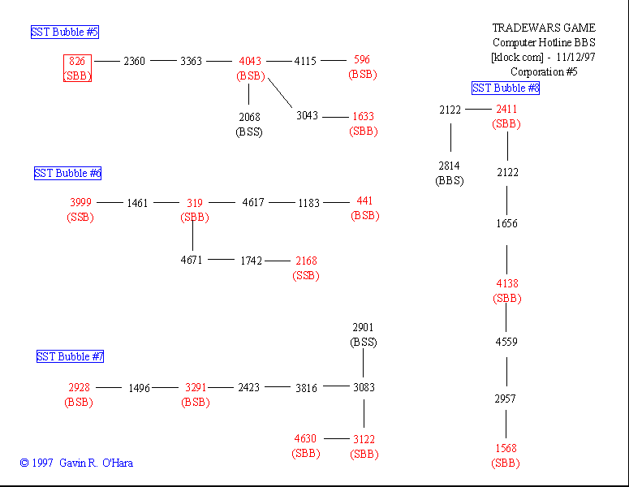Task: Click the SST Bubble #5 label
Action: point(65,32)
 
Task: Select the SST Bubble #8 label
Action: point(506,88)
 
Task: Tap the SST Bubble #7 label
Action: point(70,356)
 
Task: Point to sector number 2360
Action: point(135,61)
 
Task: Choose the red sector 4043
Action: point(250,61)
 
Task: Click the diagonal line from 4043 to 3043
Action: point(280,91)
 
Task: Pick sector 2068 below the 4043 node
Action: point(250,117)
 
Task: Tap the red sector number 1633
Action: point(363,116)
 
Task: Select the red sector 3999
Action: point(80,202)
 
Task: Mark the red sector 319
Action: point(195,203)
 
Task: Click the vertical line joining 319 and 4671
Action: point(193,236)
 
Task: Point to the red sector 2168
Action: point(306,261)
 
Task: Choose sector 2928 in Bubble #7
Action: point(79,388)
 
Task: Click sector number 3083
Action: point(364,388)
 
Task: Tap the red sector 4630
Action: point(305,439)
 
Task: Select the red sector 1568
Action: point(506,448)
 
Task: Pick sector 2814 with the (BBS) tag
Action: point(450,166)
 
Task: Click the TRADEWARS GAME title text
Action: point(544,28)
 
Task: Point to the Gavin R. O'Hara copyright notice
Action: point(76,463)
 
